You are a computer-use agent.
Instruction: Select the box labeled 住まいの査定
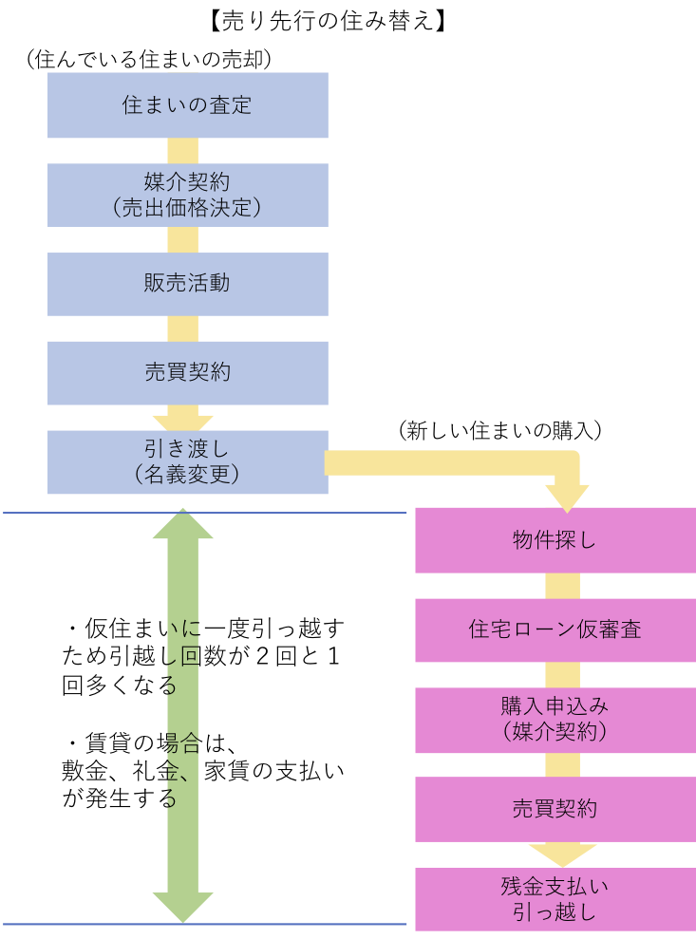point(187,105)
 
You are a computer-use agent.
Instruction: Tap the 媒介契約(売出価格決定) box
point(187,195)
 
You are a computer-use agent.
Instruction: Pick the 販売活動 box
point(187,284)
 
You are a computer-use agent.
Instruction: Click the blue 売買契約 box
point(187,373)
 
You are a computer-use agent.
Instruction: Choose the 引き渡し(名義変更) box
point(187,462)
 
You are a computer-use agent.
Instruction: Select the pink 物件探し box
point(555,540)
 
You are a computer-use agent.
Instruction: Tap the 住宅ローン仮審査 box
point(555,629)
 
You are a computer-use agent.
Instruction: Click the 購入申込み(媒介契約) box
point(555,719)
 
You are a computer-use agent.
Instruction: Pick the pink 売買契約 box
point(555,809)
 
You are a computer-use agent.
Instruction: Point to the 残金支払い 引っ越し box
point(555,899)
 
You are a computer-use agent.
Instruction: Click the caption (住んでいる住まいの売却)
point(150,60)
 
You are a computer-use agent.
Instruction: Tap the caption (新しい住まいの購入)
point(501,430)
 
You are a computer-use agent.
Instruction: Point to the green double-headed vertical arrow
point(182,716)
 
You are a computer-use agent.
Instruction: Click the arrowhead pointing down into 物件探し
point(567,497)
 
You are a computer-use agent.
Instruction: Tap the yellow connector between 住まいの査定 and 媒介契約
point(182,151)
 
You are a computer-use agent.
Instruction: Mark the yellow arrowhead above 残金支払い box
point(562,854)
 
